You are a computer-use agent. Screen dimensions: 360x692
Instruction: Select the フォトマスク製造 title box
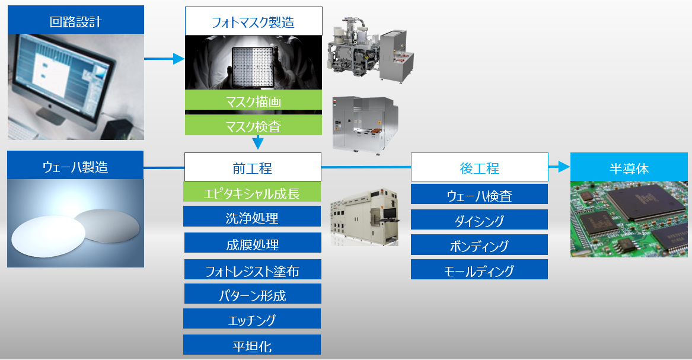click(253, 21)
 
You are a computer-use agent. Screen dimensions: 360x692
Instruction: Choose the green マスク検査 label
click(253, 125)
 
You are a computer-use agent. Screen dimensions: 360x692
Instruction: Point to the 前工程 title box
click(253, 167)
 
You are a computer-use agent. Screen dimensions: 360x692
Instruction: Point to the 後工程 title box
click(479, 167)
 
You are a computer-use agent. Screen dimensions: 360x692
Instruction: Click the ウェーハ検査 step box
click(479, 194)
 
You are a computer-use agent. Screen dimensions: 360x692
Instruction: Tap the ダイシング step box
click(479, 219)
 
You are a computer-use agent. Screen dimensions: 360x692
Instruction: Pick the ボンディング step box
click(479, 244)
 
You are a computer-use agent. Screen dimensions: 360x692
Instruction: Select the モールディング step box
click(479, 270)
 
